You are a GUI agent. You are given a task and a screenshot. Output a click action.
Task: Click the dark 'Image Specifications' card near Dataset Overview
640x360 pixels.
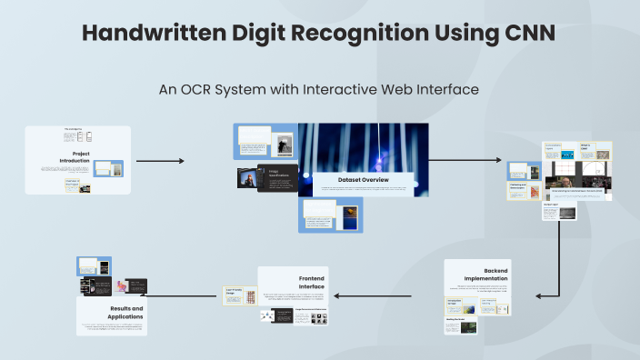click(276, 177)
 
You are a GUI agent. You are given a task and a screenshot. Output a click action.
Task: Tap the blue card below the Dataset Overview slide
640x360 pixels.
click(331, 215)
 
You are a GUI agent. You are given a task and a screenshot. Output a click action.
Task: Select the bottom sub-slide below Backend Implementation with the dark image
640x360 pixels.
click(461, 325)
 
